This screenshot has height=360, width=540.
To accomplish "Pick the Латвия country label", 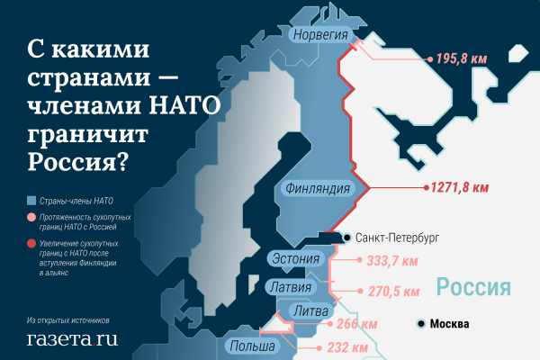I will point(292,288).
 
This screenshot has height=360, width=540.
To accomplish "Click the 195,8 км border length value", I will point(461,58).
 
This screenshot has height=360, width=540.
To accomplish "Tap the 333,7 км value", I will point(393,262).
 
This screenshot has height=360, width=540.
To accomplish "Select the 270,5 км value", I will point(393,292).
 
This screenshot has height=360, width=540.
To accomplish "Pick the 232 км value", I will point(346,347).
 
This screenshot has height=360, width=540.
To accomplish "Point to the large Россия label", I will point(474,287).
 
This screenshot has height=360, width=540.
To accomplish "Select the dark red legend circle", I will point(31,243).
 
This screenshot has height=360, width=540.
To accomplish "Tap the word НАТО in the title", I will point(175,108).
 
